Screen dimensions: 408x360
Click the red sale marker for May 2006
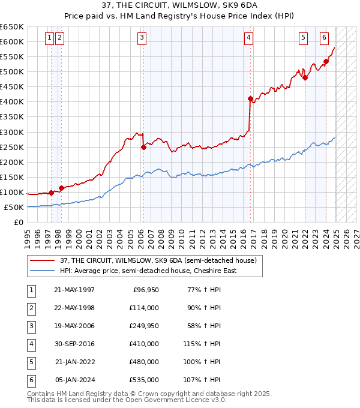[143, 147]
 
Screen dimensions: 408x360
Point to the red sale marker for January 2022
[305, 77]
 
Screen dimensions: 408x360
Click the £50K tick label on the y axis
[14, 207]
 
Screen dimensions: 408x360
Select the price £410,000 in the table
[143, 344]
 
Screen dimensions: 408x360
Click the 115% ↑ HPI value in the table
[202, 344]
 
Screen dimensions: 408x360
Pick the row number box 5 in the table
[31, 362]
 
